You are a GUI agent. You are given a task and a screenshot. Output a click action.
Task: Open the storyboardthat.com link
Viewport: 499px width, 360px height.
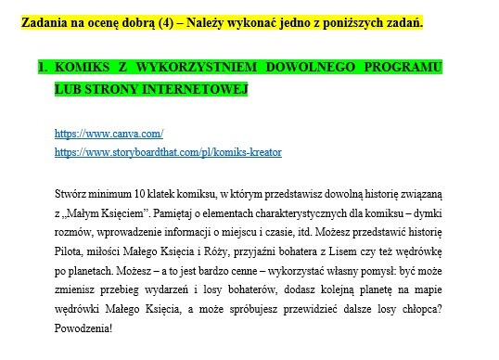(168, 150)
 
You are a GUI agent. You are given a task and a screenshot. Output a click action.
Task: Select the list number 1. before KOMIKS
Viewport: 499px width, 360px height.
(43, 69)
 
